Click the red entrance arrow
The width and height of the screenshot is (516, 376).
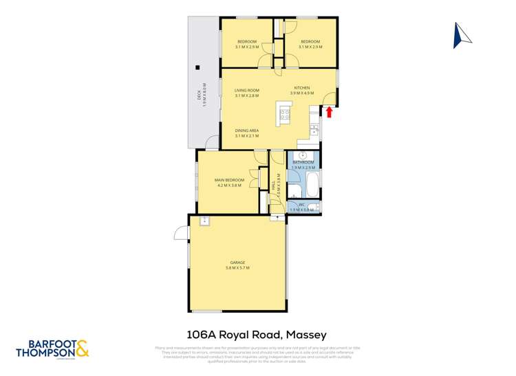click(329, 111)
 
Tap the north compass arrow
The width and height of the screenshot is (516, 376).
click(461, 36)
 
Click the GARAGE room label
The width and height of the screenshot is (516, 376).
click(237, 262)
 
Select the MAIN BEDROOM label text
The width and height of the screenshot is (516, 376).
click(230, 180)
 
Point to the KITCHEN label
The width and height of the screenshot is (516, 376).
click(302, 88)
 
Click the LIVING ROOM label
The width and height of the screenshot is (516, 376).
click(246, 90)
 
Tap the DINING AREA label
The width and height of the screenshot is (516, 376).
click(246, 131)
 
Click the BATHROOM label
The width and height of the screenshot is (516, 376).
click(303, 162)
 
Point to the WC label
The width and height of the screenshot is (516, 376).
click(301, 204)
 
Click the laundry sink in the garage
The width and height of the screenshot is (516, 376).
click(204, 221)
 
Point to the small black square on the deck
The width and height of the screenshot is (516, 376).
click(197, 67)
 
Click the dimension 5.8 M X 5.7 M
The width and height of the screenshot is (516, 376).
click(237, 268)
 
